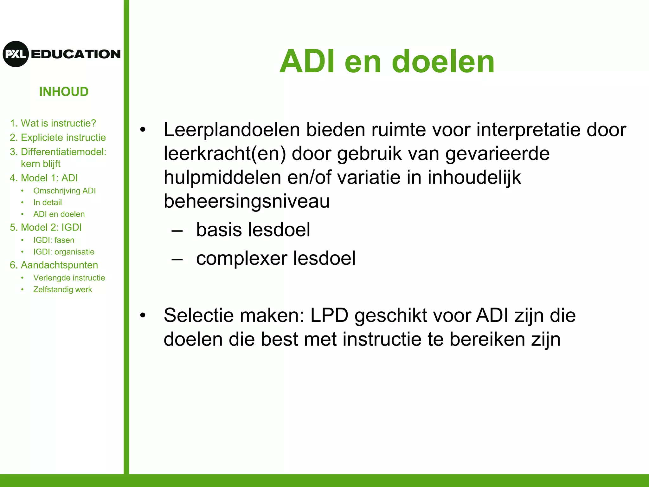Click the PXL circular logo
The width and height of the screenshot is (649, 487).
[x=16, y=54]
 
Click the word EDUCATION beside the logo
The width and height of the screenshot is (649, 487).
[x=76, y=54]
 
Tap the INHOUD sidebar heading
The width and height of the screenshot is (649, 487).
[x=64, y=92]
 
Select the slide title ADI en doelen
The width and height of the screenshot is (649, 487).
[x=387, y=62]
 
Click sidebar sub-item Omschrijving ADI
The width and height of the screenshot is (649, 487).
[x=64, y=191]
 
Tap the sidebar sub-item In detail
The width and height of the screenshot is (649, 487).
[x=48, y=202]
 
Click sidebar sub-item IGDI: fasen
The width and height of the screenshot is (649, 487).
[x=54, y=240]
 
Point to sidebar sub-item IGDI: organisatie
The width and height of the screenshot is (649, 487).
[x=64, y=252]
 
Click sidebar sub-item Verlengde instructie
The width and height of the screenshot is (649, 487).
[x=69, y=278]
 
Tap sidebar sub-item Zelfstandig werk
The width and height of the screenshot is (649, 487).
[x=62, y=289]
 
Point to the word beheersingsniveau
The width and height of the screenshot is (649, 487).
[x=247, y=201]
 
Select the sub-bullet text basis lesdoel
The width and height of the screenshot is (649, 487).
[x=253, y=230]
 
